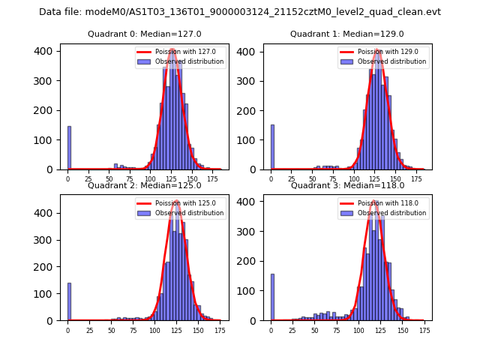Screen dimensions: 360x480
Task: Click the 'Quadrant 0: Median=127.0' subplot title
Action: pos(144,34)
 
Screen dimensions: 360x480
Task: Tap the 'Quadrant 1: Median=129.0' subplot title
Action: pos(346,34)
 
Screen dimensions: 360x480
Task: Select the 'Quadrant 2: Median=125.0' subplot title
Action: pos(144,185)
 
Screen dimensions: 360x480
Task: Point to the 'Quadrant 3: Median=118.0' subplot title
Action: pos(346,185)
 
